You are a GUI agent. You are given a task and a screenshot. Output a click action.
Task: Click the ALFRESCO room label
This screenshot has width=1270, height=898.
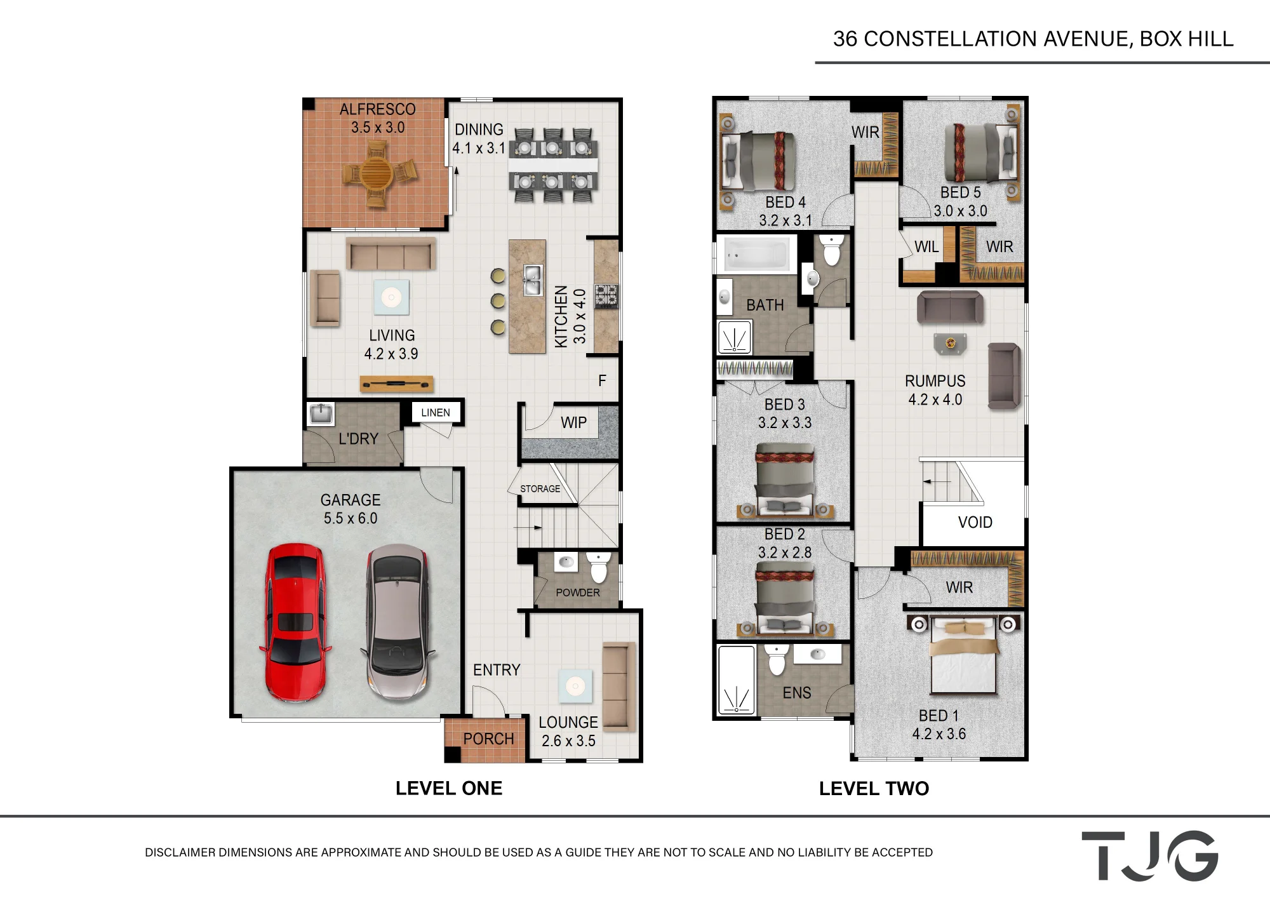[378, 109]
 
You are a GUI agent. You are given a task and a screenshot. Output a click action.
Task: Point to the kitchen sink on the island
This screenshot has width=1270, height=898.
[533, 280]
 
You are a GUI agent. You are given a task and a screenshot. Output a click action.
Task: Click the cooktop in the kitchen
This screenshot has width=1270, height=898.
[606, 297]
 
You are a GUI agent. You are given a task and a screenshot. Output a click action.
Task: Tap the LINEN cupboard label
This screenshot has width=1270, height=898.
[436, 413]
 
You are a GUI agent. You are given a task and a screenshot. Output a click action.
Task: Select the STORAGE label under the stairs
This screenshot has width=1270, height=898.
[540, 489]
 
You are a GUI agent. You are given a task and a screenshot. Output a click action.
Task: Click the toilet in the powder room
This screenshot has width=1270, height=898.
[598, 567]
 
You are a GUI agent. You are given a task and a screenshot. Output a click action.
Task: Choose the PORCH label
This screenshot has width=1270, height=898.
[488, 739]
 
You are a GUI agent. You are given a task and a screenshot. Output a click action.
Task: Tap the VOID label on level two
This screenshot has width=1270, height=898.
[975, 523]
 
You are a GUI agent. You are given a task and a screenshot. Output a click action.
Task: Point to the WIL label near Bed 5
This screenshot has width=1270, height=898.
[926, 247]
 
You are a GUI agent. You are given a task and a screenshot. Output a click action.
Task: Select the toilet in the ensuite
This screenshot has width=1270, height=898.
[777, 660]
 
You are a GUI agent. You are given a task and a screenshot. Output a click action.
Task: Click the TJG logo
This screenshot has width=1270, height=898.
[1150, 855]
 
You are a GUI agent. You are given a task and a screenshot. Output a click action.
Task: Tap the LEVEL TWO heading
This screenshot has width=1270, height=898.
[874, 789]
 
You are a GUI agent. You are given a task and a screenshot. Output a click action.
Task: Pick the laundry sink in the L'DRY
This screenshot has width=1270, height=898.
[321, 414]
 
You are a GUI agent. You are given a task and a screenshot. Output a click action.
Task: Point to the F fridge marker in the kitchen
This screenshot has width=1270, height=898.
[602, 380]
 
